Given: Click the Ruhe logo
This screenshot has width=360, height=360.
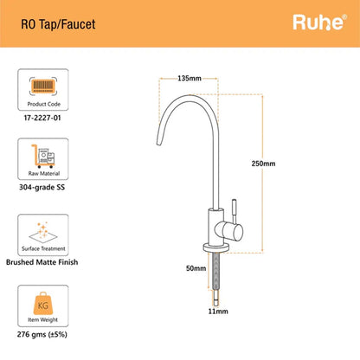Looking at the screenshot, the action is click(319, 22).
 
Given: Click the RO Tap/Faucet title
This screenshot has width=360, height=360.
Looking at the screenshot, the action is click(58, 24).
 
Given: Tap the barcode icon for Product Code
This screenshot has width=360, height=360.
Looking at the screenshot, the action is click(43, 87).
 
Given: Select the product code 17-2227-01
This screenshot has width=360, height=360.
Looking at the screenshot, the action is click(42, 118).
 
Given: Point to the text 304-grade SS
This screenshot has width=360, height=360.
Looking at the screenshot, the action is click(42, 187).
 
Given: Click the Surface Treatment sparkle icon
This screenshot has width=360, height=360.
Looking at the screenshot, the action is click(43, 233).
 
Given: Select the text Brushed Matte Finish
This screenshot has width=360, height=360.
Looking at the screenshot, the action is click(42, 262).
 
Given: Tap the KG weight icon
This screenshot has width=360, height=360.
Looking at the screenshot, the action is click(43, 304).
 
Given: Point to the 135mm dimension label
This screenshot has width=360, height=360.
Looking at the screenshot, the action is click(190, 78).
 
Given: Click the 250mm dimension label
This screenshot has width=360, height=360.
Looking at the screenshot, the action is click(263, 164).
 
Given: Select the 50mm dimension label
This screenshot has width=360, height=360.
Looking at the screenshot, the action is click(196, 268).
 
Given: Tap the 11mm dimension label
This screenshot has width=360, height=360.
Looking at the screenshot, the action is click(218, 312).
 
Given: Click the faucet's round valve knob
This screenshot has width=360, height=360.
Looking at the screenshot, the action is click(228, 231).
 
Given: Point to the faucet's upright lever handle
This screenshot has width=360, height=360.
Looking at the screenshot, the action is click(235, 210).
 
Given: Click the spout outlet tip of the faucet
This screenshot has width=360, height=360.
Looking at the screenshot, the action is click(158, 143).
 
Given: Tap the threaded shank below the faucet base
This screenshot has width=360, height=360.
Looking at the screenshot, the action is click(215, 271).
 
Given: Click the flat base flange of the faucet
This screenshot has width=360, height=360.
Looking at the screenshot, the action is click(216, 247).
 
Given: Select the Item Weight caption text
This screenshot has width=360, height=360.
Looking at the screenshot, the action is click(42, 319).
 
